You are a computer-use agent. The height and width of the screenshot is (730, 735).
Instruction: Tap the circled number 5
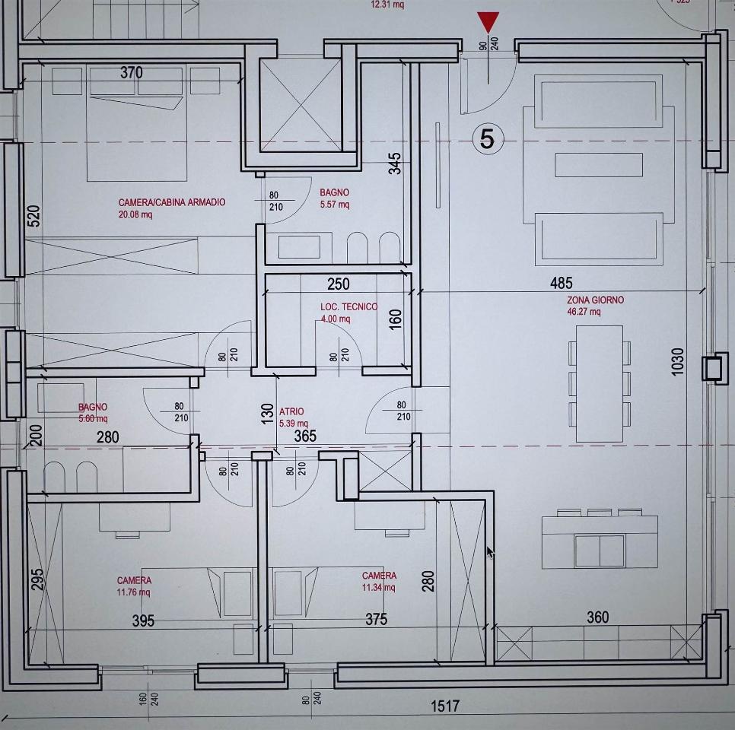488,138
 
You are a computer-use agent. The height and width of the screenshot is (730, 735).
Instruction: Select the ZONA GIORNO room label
595,300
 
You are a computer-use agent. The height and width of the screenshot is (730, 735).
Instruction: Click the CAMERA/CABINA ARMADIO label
172,203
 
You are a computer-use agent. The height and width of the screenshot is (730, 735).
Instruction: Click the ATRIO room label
291,411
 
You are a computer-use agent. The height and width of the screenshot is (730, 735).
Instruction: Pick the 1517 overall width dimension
445,706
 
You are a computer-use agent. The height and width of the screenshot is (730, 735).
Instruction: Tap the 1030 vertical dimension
678,361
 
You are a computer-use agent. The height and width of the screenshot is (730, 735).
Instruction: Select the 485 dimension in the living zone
562,284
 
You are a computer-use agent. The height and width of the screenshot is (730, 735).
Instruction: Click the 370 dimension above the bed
132,73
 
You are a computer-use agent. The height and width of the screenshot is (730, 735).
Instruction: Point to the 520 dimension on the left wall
33,216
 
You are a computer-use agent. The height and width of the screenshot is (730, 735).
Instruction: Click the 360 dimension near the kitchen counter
598,617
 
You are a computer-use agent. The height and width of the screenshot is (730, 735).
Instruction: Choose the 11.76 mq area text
134,592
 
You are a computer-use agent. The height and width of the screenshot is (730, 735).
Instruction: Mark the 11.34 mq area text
379,587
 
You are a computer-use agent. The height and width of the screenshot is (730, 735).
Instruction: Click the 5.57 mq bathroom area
334,205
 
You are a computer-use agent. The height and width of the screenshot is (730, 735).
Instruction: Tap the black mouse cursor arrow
490,552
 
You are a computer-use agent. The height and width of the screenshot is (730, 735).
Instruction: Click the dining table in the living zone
599,382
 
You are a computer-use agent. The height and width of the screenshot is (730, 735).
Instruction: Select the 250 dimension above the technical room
339,284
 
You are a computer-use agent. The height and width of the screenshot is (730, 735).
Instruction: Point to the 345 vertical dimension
395,163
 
